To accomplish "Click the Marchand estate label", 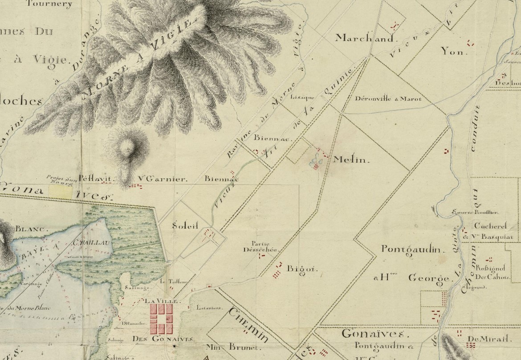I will pos(365,38).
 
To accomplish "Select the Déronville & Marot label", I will pos(388,99).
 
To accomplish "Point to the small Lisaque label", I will pos(302,97).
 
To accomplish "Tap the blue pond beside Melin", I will pos(315,158).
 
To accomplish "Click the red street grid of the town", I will pos(161,319).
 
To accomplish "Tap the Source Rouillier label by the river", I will pos(475,213).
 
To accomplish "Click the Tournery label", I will pos(49,4).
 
